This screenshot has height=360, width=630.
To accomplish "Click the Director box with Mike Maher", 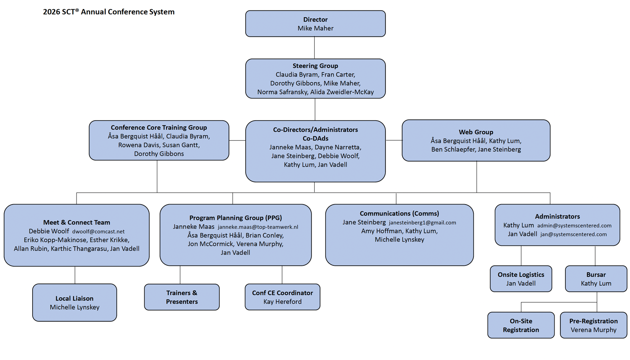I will [315, 24].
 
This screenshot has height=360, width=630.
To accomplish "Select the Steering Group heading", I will [315, 66].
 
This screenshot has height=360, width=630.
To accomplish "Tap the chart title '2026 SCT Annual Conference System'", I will [109, 12].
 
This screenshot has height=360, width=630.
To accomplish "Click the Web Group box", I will [476, 141].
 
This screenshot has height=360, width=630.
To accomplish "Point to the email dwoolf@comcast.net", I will [98, 232].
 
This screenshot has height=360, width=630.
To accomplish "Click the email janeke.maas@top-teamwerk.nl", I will [258, 227].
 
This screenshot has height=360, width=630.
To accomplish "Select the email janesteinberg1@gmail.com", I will [422, 223].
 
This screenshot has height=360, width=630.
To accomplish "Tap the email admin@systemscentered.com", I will [574, 226].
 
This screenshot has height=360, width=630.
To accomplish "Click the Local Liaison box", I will [75, 303].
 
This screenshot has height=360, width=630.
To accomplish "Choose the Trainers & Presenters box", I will [182, 297].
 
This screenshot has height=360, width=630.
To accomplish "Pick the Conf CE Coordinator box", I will [282, 297].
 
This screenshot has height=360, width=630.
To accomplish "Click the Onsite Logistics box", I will [521, 279].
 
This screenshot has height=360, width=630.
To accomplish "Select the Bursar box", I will [596, 279].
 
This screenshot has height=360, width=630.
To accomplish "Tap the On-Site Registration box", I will [521, 325].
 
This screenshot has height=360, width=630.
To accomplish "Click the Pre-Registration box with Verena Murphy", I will [593, 325].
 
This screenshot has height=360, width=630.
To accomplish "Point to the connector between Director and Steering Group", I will [315, 48].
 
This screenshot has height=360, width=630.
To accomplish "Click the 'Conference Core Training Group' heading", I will [159, 128].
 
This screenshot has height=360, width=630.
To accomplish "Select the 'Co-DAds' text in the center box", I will [315, 139].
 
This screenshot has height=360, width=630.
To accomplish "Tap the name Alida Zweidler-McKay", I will [342, 92].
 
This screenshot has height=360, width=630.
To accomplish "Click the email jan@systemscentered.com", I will [573, 234].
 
